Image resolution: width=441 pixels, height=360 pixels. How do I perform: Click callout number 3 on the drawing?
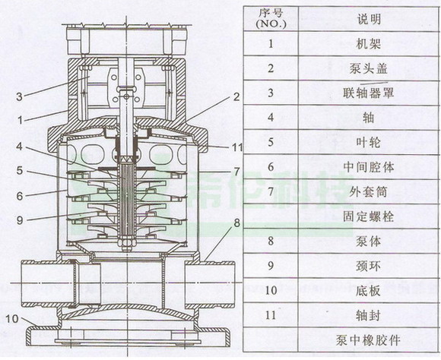[19, 96]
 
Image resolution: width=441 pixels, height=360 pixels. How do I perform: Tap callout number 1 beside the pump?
[20, 120]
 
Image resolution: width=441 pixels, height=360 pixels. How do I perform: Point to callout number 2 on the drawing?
[236, 96]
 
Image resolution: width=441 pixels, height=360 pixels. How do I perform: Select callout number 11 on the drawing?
[237, 147]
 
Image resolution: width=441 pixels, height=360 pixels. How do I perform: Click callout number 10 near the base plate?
[12, 319]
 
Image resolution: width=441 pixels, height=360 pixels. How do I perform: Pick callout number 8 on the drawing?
[237, 223]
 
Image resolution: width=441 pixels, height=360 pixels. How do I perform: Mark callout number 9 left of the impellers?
[20, 220]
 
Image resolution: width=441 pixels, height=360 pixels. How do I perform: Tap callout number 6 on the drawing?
[20, 196]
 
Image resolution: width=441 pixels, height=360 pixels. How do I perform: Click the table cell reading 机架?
[369, 44]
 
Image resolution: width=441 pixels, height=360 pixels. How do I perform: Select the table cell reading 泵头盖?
[369, 68]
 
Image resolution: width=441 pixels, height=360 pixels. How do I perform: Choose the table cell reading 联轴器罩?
[369, 93]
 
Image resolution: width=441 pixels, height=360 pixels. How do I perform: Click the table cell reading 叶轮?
[369, 143]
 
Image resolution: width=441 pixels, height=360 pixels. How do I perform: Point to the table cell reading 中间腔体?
[369, 167]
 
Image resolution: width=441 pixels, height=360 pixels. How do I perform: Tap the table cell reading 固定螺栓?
[369, 216]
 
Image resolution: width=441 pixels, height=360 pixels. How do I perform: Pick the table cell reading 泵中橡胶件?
[368, 340]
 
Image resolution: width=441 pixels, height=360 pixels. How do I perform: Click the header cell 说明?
[369, 20]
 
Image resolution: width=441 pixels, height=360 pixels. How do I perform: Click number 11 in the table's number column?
[271, 315]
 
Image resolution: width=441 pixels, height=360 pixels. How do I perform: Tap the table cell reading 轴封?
[369, 315]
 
